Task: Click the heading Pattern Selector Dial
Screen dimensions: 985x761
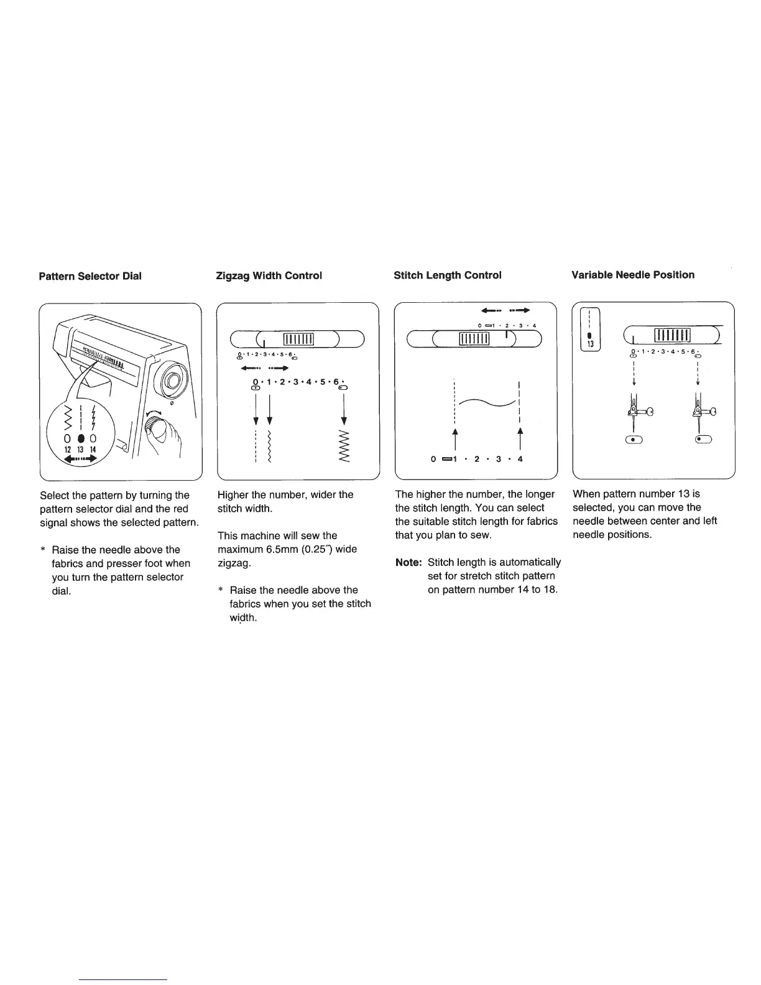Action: [90, 275]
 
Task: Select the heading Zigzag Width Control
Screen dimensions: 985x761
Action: [269, 275]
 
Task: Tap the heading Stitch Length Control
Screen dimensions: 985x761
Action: [448, 275]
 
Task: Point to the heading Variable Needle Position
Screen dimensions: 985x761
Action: [633, 275]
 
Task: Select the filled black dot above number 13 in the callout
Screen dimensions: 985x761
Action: [81, 438]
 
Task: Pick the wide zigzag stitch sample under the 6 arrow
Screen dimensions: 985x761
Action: [344, 446]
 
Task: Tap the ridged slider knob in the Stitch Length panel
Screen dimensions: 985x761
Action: [474, 338]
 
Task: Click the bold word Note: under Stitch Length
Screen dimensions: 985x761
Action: [409, 562]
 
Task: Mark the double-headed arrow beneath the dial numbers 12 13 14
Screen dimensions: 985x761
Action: [80, 460]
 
